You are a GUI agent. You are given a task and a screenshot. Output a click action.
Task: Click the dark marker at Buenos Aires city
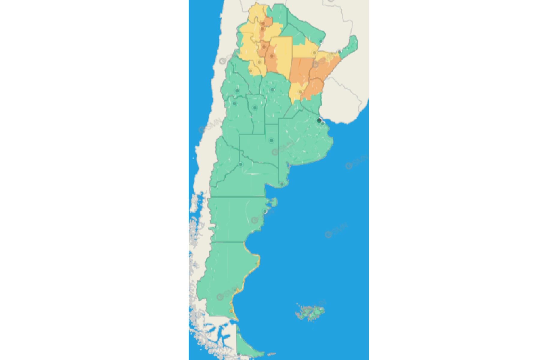[x=319, y=120]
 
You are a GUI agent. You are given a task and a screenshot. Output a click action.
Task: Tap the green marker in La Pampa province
[x=271, y=140]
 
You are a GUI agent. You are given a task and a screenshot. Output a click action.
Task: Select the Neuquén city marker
[x=241, y=164]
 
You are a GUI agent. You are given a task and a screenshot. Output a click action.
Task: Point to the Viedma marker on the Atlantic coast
[x=282, y=184]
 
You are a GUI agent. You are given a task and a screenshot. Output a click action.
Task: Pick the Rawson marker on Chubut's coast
[x=265, y=211]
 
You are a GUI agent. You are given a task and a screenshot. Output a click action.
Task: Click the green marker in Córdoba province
[x=272, y=90]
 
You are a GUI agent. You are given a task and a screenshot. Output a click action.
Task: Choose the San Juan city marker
[x=237, y=91]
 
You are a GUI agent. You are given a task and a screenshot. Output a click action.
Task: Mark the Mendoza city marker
[x=235, y=104]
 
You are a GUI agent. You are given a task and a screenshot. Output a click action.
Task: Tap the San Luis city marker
[x=255, y=107]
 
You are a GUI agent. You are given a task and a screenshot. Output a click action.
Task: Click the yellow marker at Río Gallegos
[x=231, y=311]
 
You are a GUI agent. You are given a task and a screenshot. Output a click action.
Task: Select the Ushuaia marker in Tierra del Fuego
[x=239, y=355]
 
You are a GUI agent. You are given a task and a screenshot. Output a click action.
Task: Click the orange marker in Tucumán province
[x=264, y=47]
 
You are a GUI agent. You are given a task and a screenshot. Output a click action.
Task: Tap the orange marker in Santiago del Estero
[x=271, y=56]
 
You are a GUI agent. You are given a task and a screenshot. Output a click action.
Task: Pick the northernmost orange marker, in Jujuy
[x=263, y=23]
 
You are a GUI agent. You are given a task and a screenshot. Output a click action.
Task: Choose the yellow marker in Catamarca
[x=259, y=62]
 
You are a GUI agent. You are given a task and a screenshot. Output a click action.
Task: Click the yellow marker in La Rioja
[x=251, y=71]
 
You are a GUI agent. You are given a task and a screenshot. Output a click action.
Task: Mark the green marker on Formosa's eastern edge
[x=321, y=41]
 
